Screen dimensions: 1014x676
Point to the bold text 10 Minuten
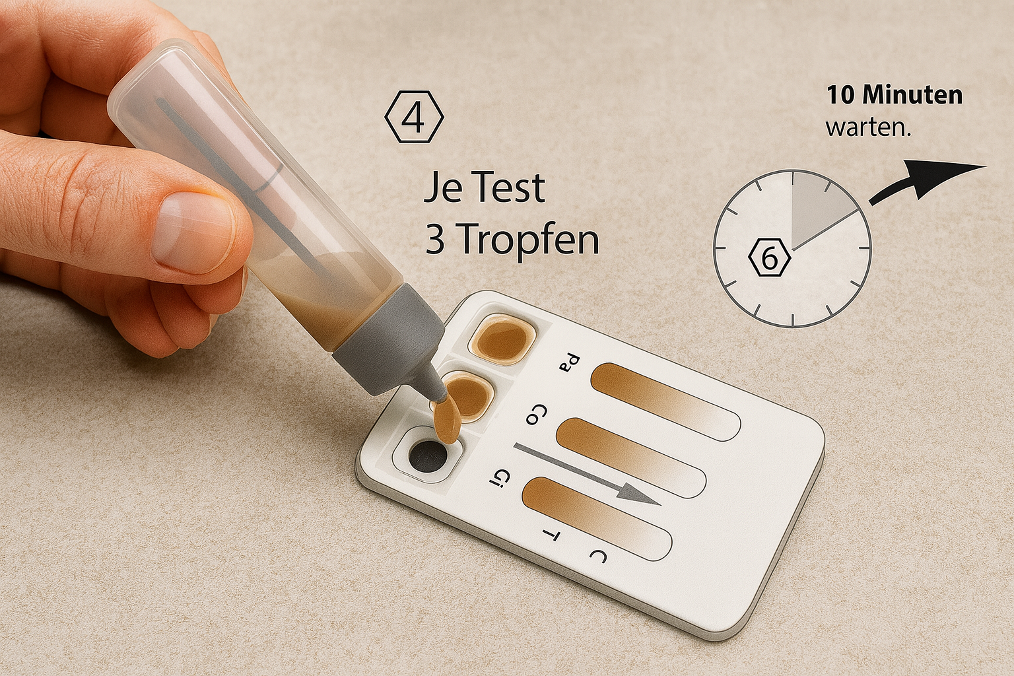point(895,96)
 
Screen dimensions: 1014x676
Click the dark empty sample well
point(427,456)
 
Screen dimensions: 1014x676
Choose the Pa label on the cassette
point(570,363)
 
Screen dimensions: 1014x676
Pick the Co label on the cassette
point(537,414)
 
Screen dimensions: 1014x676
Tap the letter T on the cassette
point(551,536)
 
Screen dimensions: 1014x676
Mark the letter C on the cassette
point(597,555)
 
